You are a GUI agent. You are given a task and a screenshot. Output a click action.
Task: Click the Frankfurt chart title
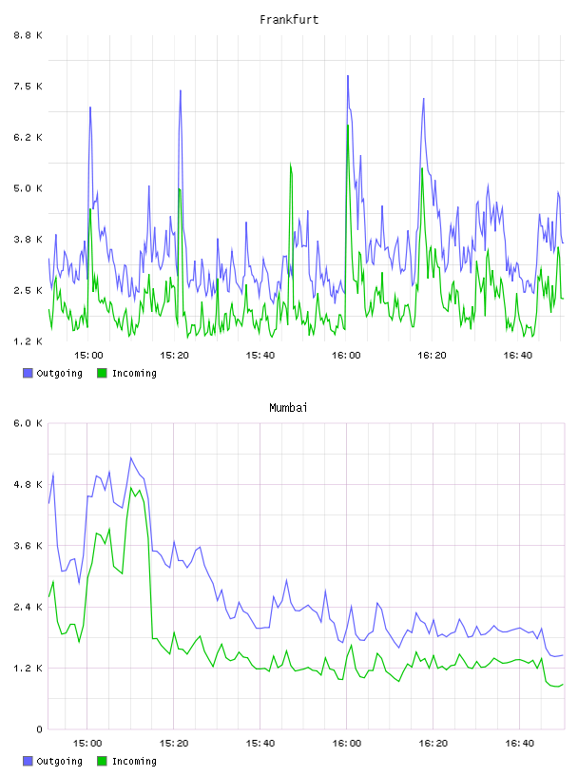point(289,20)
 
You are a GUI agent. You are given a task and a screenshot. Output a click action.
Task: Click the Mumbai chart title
point(288,408)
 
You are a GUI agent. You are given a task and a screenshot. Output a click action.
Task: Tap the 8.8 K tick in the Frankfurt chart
point(28,35)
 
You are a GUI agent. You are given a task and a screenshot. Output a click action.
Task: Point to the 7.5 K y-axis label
point(28,87)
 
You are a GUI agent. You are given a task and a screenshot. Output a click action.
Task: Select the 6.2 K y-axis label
point(28,137)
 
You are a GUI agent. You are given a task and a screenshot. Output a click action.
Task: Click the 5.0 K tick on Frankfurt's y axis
point(28,188)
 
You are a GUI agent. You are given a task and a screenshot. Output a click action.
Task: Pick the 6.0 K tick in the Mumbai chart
point(28,423)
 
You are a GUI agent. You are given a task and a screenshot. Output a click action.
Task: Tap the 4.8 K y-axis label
point(28,484)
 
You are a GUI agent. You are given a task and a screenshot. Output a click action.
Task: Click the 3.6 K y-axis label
point(28,545)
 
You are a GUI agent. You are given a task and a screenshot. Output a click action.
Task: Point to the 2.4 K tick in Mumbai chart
point(28,607)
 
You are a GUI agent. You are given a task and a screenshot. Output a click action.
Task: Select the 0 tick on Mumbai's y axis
point(39,729)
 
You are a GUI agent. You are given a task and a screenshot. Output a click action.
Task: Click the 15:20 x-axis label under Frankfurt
point(174,355)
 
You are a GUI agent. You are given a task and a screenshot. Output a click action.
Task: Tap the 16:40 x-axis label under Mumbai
point(520,743)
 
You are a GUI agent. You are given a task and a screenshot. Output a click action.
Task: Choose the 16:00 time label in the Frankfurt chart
point(346,355)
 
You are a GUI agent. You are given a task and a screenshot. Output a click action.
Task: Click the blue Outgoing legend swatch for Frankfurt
point(28,373)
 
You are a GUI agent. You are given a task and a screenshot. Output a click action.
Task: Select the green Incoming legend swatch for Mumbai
point(102,761)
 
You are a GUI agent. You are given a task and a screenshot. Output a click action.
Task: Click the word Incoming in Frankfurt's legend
point(134,374)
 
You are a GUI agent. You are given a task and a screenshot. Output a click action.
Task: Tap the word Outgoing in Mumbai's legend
point(59,762)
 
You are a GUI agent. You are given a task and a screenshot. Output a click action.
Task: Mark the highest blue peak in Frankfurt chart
point(348,76)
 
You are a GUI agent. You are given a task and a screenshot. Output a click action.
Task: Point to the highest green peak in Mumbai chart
point(131,488)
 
